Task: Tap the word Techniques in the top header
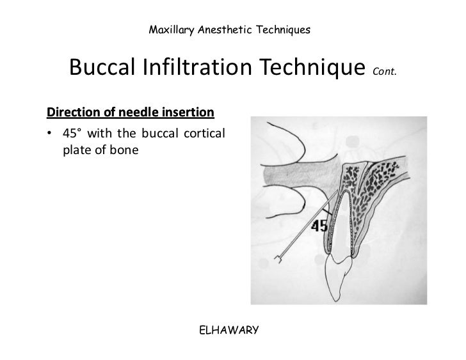point(282,29)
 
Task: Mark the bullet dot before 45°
point(50,136)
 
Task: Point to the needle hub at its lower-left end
point(277,259)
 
